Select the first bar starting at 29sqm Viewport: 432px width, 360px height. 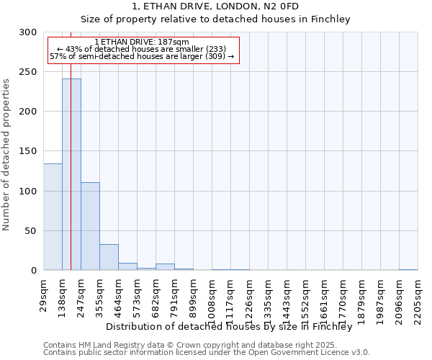[x=53, y=217]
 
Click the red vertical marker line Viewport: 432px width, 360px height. [x=71, y=144]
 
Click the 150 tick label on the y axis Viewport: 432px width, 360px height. [x=28, y=152]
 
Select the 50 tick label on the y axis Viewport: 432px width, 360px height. [x=31, y=231]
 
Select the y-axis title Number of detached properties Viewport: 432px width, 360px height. [x=6, y=154]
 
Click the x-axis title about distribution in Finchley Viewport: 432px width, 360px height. [x=233, y=326]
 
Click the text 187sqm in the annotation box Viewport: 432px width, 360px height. [x=173, y=42]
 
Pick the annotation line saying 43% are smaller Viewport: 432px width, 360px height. [x=141, y=49]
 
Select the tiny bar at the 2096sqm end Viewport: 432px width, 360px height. [x=408, y=269]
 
